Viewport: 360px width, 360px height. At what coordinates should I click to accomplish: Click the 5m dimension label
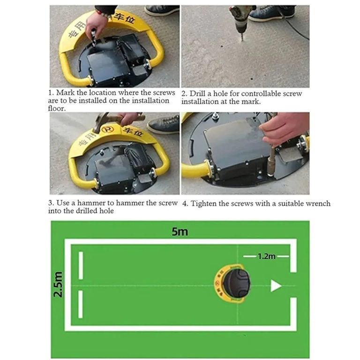coord(180,231)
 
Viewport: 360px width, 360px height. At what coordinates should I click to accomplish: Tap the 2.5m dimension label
coord(58,284)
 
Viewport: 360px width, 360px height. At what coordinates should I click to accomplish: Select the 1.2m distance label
coord(266,256)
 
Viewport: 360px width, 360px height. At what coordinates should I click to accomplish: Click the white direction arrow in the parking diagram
coord(276,286)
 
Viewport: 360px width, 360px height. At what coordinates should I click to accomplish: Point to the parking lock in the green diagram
coord(232,283)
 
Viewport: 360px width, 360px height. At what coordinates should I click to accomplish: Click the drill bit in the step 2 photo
coord(241,37)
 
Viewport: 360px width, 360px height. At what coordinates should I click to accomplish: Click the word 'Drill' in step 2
coord(197,93)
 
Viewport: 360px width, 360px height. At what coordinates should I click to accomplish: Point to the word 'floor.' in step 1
coord(57,108)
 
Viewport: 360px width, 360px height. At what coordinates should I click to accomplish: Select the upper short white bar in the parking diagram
coord(81,266)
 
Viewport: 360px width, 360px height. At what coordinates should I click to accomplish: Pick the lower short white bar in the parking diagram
coord(80,304)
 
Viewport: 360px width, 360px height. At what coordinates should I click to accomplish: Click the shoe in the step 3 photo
coord(164,124)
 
